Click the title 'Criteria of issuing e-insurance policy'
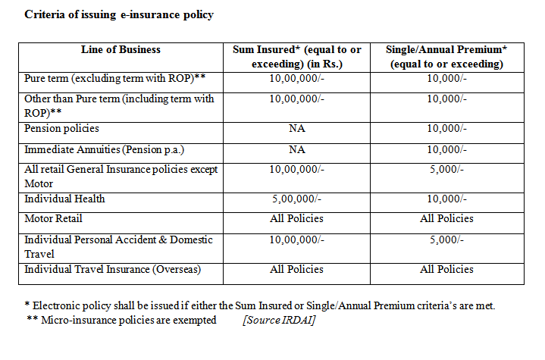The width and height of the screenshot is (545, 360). pos(119,15)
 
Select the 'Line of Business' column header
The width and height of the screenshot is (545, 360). pos(121,50)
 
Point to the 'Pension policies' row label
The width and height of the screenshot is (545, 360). pos(62,129)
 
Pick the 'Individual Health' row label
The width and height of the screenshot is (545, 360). pos(64,199)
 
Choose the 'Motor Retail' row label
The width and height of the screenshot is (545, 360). pos(54,218)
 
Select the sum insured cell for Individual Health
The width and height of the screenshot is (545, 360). pos(296,199)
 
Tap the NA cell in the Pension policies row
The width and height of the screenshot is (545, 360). pos(296,129)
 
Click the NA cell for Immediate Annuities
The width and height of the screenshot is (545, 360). pos(296,149)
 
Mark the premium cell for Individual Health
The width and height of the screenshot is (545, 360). pos(446,199)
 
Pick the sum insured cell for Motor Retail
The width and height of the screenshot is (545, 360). pos(296,218)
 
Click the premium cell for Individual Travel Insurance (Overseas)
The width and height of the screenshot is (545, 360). pos(446,269)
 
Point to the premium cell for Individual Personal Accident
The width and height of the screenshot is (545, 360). pos(446,239)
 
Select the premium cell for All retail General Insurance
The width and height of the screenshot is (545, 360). pos(446,170)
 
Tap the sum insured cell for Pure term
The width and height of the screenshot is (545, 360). pos(296,78)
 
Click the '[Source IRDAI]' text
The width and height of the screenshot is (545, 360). pos(279,320)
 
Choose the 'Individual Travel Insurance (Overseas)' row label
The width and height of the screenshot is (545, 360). pos(113,269)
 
